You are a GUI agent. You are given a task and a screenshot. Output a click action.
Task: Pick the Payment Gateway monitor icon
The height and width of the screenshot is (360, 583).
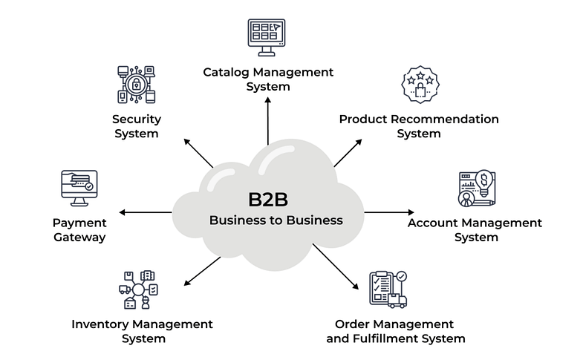click(79, 189)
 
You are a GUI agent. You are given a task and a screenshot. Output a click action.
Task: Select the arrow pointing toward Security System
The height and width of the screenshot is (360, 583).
click(199, 152)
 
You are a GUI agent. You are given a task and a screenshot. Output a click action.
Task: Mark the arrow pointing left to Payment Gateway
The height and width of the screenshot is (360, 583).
click(145, 213)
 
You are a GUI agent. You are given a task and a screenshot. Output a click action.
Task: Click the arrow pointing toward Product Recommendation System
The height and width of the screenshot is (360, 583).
click(347, 151)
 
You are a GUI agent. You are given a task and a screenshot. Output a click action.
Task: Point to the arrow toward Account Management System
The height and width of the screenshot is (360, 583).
click(388, 213)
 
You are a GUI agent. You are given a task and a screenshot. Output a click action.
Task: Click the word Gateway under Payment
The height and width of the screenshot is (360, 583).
click(79, 238)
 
